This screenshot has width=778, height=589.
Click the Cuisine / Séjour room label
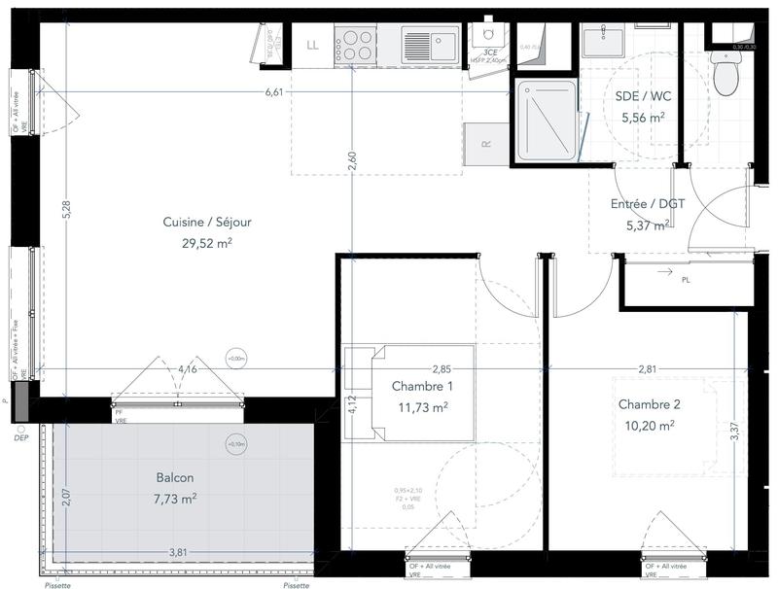pos(207,223)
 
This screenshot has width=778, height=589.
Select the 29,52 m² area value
pos(207,243)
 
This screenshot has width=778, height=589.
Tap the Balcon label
pos(175,478)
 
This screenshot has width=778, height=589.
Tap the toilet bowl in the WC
pos(725,76)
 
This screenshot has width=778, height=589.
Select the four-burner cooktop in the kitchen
pos(356,44)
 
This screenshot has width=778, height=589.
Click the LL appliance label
pos(313,45)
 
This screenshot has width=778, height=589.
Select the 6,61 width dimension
pos(274,92)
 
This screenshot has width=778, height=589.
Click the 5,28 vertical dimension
pos(65,208)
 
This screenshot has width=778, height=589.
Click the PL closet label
pos(686,281)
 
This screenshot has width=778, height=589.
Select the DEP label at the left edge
pos(21,437)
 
